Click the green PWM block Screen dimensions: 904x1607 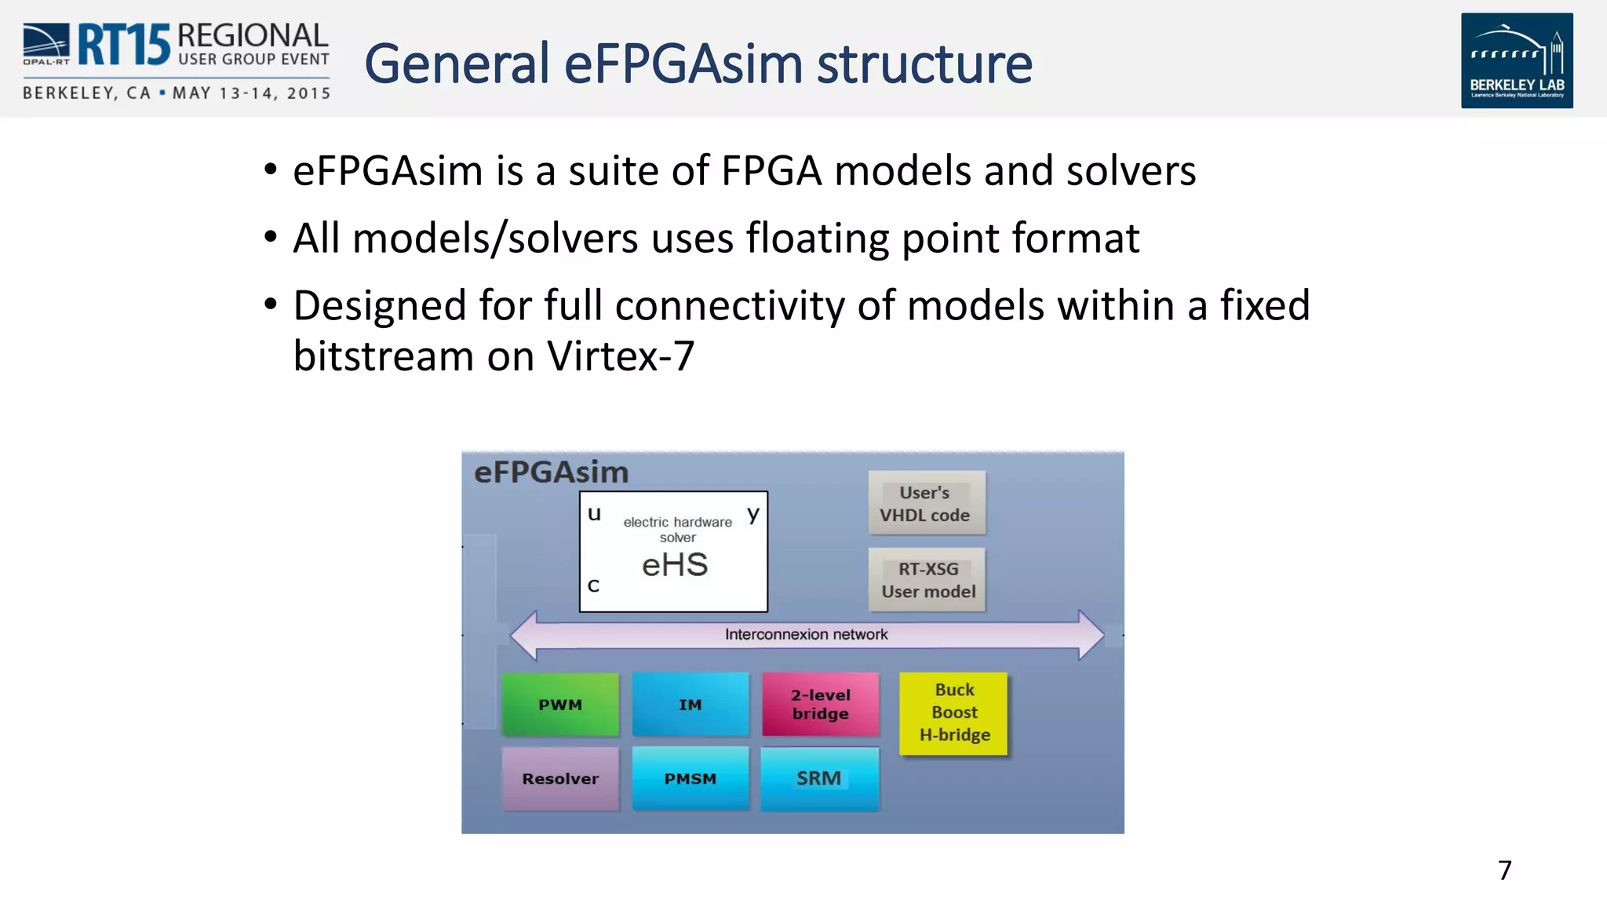560,704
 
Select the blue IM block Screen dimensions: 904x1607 691,704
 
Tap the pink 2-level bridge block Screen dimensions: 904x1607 820,704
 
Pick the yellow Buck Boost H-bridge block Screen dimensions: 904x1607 953,713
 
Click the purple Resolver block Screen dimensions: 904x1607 560,778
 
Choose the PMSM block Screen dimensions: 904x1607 691,778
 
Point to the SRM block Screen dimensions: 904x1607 819,778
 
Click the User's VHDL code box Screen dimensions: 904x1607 926,503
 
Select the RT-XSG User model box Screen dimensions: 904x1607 927,580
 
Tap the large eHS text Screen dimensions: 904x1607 675,565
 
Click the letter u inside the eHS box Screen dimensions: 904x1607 594,514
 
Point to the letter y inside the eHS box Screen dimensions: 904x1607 753,514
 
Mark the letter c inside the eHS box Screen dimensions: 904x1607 593,585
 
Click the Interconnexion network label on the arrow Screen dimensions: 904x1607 806,634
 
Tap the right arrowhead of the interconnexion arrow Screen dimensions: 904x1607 1091,634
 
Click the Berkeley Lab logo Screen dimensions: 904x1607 1516,60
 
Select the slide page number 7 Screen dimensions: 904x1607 1504,870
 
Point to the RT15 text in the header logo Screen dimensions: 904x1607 124,46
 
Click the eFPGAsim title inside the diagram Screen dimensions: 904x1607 551,472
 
